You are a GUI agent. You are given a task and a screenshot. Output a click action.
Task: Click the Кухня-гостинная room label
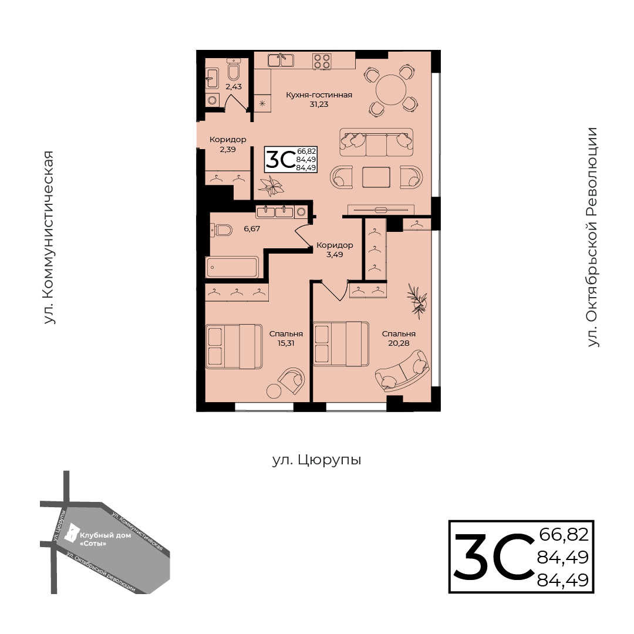319,95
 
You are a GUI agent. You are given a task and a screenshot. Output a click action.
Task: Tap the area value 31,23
319,104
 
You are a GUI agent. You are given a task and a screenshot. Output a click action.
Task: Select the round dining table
390,90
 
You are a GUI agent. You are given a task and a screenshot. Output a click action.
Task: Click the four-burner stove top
322,61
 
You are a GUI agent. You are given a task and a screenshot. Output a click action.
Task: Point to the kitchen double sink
281,60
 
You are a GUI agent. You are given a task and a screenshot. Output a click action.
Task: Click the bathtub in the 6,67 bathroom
232,267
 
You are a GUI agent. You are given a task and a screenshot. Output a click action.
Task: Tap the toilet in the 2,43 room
233,70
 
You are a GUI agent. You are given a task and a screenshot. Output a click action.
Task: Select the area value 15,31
286,343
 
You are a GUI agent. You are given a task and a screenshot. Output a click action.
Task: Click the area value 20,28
399,343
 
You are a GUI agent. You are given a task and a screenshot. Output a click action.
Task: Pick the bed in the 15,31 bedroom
234,346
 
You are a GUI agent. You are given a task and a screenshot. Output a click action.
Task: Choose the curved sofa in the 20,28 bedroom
402,371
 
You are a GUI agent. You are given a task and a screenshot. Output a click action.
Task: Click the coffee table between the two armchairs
376,177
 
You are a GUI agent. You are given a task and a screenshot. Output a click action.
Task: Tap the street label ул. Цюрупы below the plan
316,460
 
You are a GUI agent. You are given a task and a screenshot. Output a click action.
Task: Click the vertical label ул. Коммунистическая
49,237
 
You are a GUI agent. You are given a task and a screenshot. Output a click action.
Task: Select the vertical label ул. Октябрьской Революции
592,237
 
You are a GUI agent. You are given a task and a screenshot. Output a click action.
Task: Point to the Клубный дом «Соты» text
105,539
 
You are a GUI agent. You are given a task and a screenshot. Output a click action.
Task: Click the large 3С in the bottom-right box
494,557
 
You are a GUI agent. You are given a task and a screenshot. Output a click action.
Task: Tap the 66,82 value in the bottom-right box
564,535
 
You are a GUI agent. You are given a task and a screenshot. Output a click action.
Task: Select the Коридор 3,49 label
335,250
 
